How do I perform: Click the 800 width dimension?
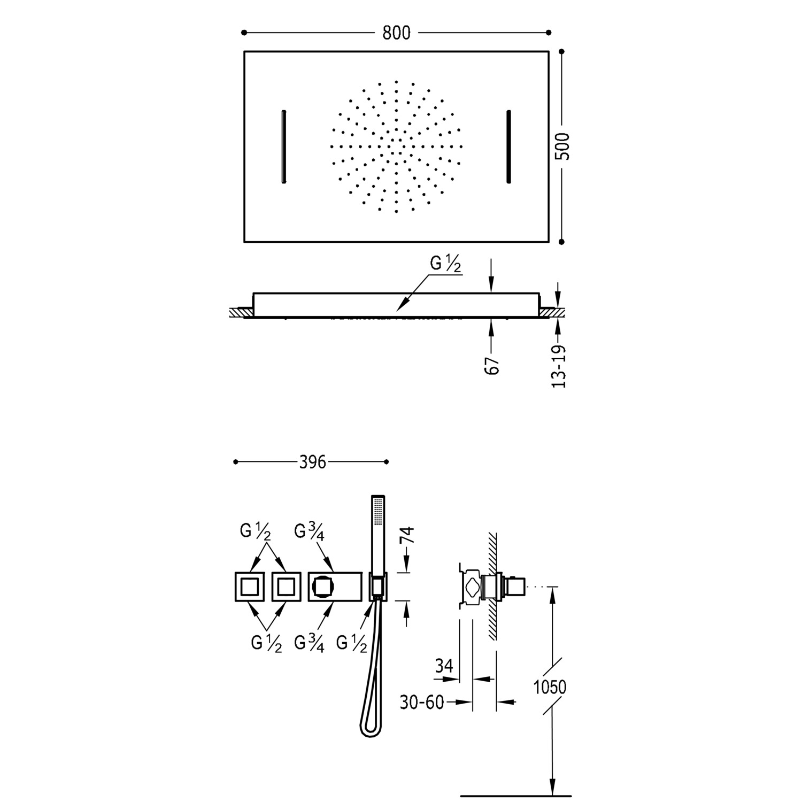click(x=396, y=33)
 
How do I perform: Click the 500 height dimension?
click(x=562, y=146)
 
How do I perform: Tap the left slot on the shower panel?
click(x=283, y=147)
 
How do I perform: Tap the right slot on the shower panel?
click(x=509, y=147)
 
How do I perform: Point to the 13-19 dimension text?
click(x=559, y=367)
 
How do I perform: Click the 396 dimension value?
click(x=312, y=462)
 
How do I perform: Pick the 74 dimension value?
click(x=407, y=535)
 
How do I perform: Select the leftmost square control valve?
click(x=250, y=587)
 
